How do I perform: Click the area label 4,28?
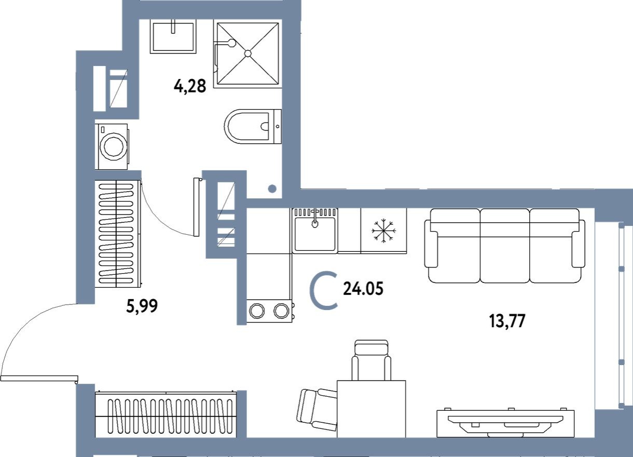(x=190, y=86)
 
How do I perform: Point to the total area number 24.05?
(x=363, y=289)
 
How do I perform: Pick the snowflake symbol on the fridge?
(x=383, y=230)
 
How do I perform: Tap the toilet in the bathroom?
(x=252, y=126)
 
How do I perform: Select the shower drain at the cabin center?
(x=248, y=53)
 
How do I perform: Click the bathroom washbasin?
(x=173, y=36)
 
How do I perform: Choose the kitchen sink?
(x=315, y=233)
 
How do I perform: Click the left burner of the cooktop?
(x=257, y=311)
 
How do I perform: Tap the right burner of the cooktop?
(x=281, y=311)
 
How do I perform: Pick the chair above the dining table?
(x=371, y=359)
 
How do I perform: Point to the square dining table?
(x=371, y=408)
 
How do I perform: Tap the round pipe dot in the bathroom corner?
(x=272, y=189)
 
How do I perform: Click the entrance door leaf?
(x=39, y=378)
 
